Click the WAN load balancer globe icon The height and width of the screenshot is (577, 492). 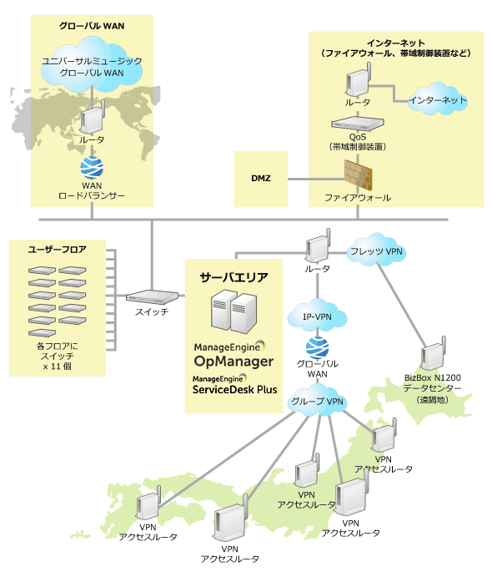(x=91, y=167)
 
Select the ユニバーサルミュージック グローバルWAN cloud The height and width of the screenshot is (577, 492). (x=92, y=67)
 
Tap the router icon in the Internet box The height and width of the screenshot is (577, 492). (x=358, y=83)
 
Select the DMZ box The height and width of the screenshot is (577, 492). (x=261, y=178)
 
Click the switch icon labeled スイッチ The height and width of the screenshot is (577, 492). (x=153, y=296)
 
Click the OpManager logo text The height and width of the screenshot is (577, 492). (x=233, y=361)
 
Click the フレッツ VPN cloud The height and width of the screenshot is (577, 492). (x=376, y=250)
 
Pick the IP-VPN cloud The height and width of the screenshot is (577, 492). (x=318, y=316)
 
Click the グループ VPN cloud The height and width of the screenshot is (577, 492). (x=318, y=402)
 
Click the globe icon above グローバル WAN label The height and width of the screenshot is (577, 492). (x=318, y=347)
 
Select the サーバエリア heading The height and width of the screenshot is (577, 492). (x=233, y=276)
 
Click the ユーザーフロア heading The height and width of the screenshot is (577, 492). (x=58, y=249)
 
